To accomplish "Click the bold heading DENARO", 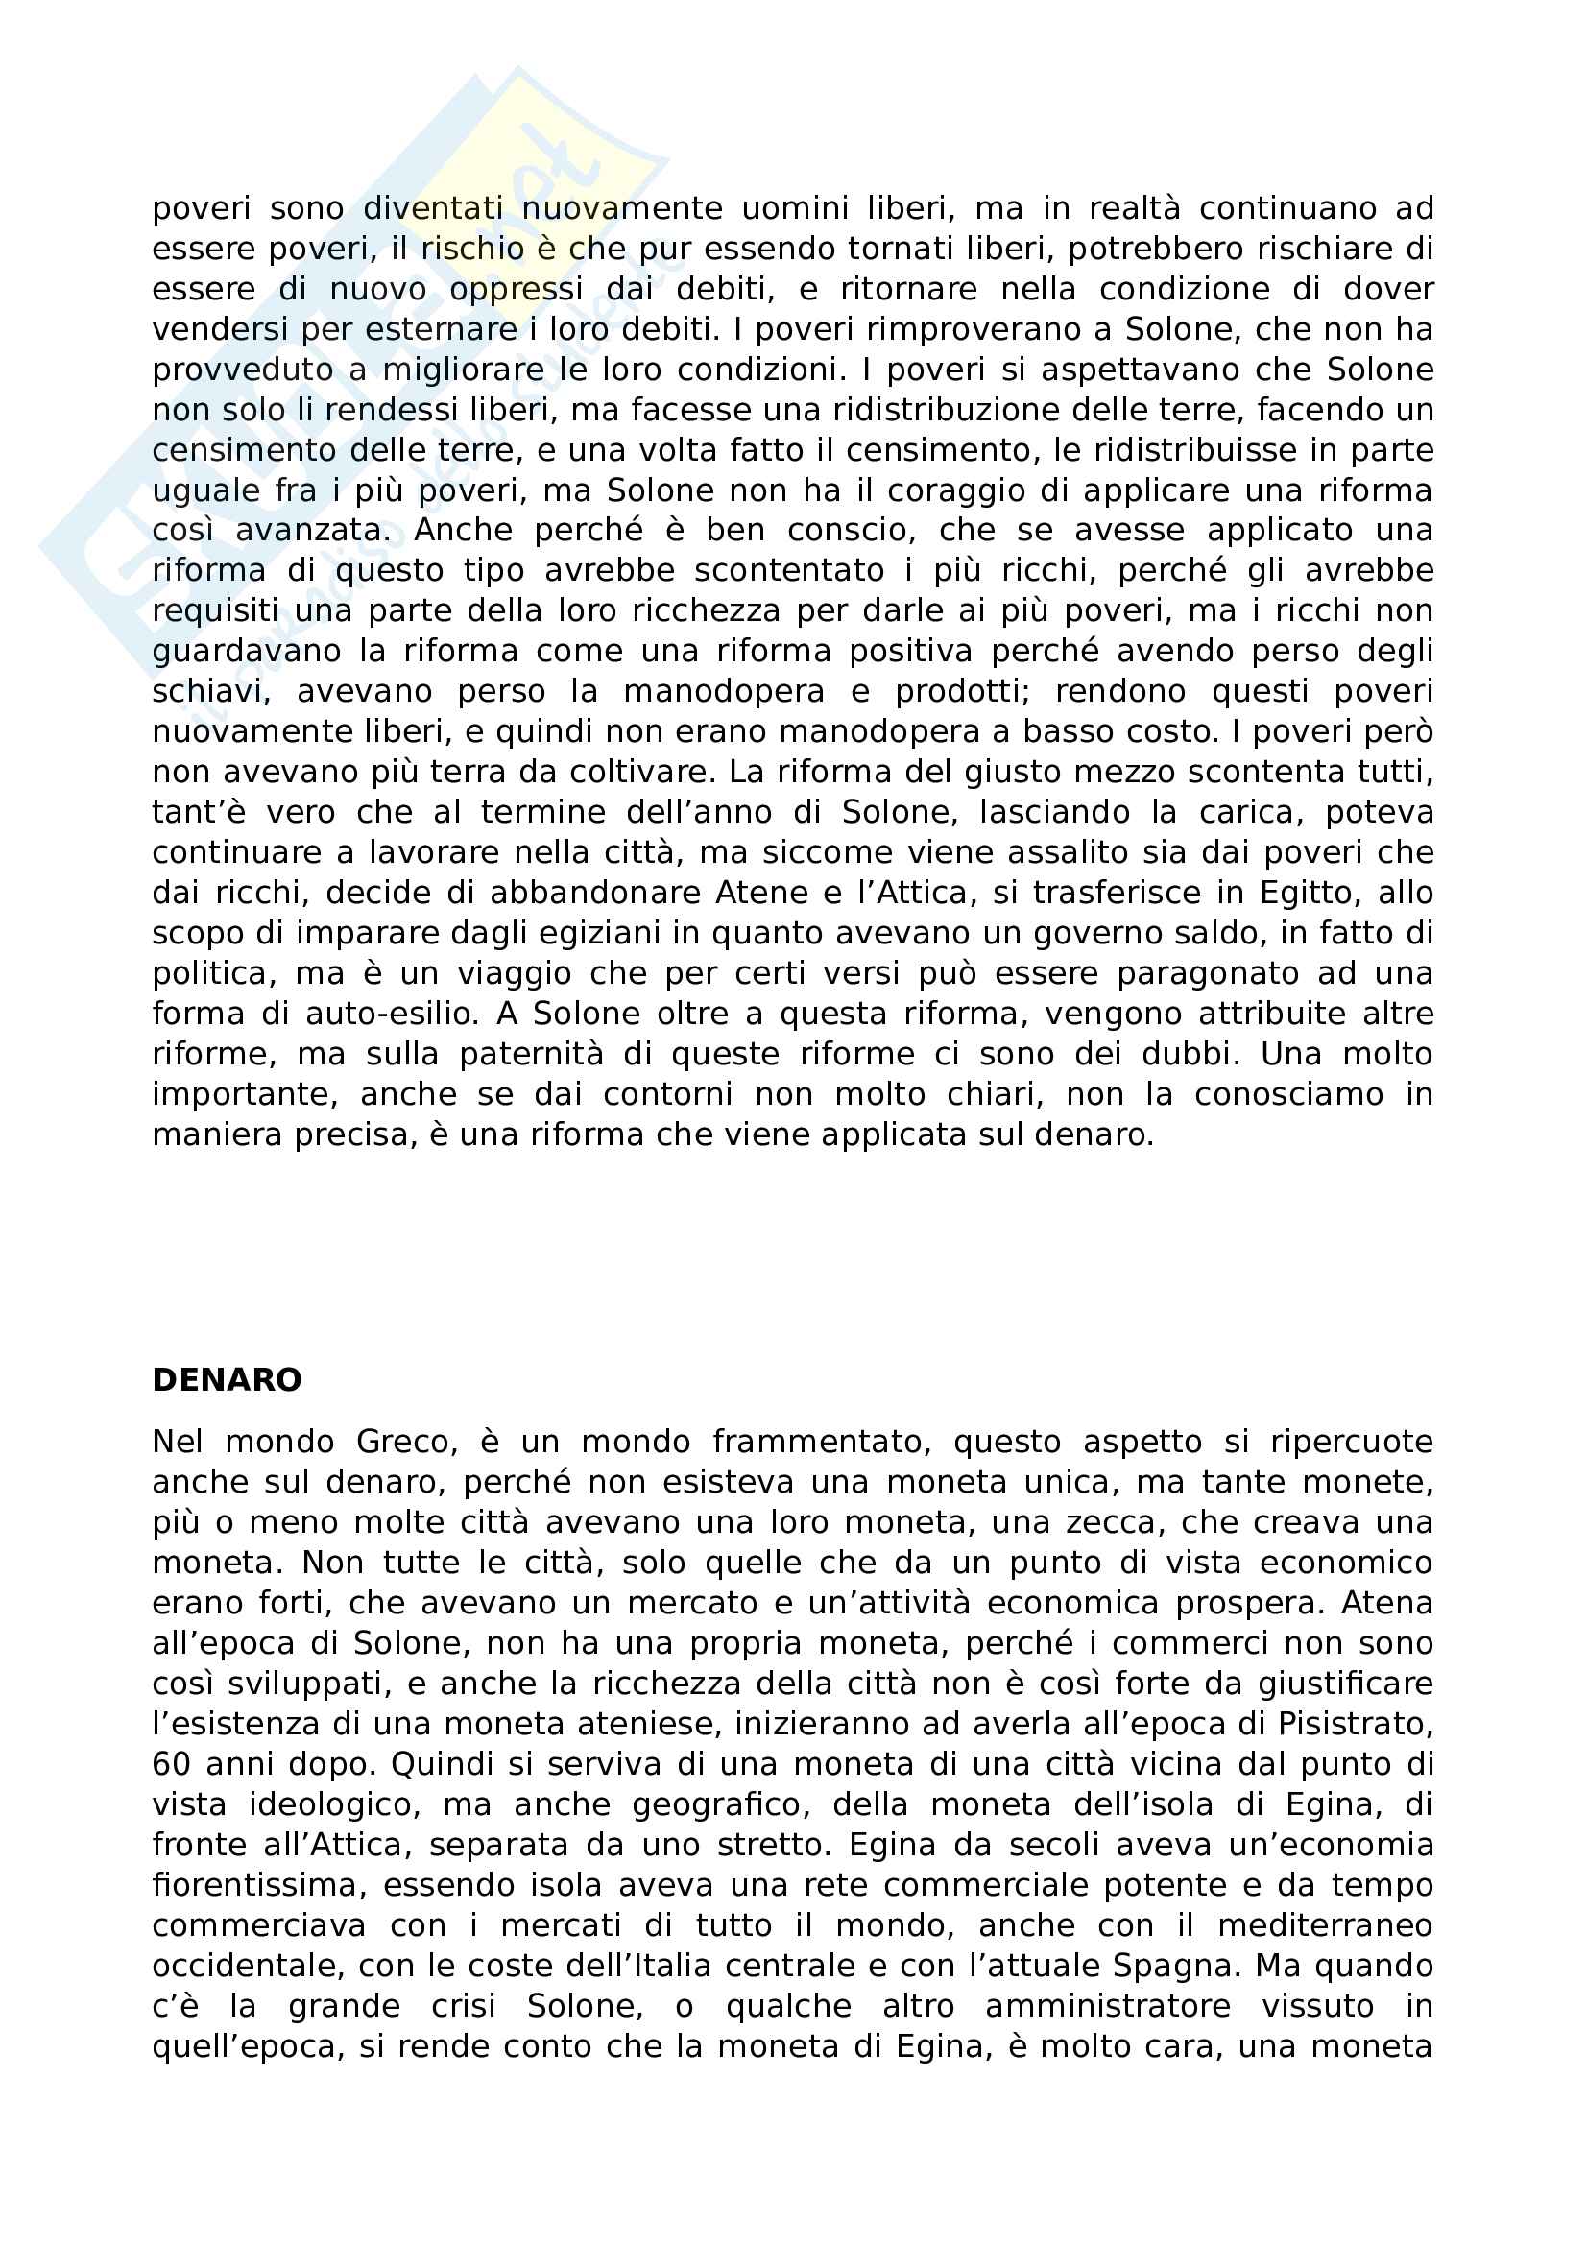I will pos(227,1379).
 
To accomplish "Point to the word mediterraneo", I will pos(1325,1925).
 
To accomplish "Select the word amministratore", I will pos(1107,2005).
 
